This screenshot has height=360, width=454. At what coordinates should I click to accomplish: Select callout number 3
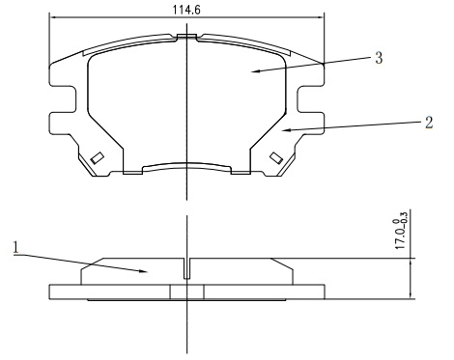coord(379,59)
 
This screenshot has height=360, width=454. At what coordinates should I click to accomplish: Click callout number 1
coord(14,247)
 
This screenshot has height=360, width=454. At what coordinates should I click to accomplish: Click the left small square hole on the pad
coord(97,158)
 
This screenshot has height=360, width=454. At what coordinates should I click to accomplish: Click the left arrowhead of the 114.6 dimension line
coord(52,18)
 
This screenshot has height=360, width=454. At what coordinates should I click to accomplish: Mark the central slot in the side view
coord(186,268)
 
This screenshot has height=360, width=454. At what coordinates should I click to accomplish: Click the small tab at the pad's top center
coord(185,39)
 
